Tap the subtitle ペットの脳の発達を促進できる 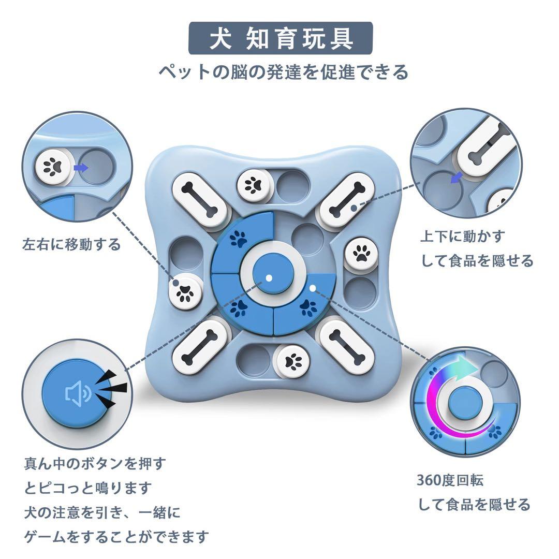coord(283,71)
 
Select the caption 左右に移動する coord(71,244)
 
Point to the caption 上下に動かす coord(463,237)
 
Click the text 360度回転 coord(450,480)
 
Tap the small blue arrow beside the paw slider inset coord(81,168)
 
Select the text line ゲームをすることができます coord(116,537)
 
